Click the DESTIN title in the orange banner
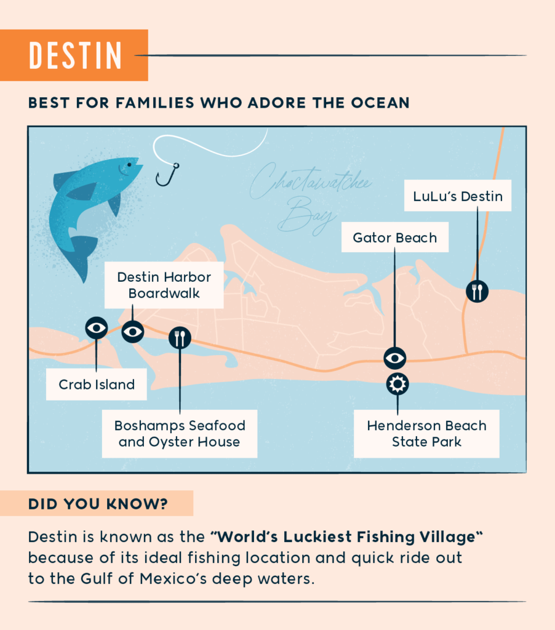coord(75,55)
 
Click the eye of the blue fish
coord(129,164)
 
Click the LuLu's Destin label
coord(457,196)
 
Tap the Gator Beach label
coord(394,237)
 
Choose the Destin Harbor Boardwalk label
coord(164,285)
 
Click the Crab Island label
coord(97,385)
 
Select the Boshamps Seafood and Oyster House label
coord(180,434)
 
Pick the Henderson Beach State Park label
coord(426,434)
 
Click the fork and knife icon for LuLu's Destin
coord(476,290)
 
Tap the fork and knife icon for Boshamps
coord(180,337)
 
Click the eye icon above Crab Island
coord(97,327)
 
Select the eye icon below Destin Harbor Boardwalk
coord(133,332)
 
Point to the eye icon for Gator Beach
coord(394,357)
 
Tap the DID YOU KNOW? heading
coord(98,504)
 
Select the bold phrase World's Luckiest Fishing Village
coord(346,536)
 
